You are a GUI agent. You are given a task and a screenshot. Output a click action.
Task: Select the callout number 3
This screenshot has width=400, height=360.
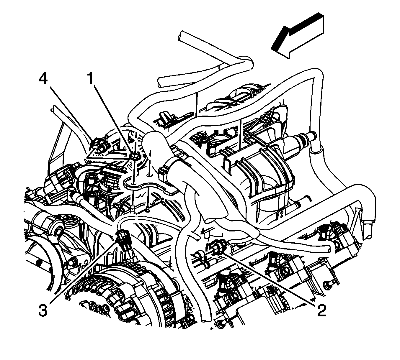pos(43,310)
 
